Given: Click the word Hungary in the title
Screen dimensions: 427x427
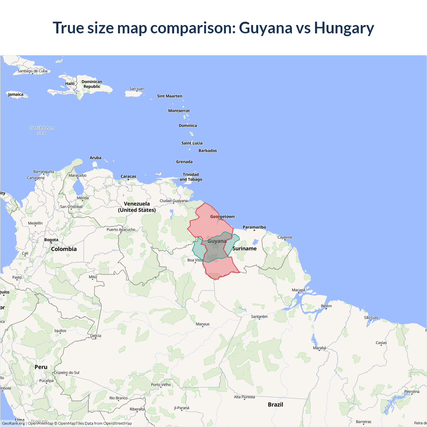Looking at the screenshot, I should [x=344, y=28].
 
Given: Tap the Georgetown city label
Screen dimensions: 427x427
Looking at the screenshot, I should [x=222, y=217].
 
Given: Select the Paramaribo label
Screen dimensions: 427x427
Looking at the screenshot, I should [x=254, y=227].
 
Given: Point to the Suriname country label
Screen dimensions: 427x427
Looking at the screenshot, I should [x=245, y=249].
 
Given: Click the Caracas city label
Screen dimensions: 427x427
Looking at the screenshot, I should [x=128, y=176].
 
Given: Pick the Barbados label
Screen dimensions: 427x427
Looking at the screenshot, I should [x=207, y=151].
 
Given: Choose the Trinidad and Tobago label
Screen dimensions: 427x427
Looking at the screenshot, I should [x=191, y=177].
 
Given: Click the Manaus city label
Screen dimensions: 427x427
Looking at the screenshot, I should [x=203, y=324].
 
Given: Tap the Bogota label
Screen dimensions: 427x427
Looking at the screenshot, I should [x=51, y=240].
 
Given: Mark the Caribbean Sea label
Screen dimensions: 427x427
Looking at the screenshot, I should [x=42, y=130].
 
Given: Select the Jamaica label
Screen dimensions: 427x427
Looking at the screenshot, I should [x=16, y=94].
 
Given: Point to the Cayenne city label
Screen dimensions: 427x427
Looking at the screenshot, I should [x=285, y=238].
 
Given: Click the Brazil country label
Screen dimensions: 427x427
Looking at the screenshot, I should [x=276, y=404].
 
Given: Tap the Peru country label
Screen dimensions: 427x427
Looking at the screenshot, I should [x=41, y=367].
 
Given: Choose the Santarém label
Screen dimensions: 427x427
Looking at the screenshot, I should [x=259, y=317].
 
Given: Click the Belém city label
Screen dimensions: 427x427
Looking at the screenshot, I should [x=326, y=306].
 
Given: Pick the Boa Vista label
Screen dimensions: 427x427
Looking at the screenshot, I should [x=195, y=260].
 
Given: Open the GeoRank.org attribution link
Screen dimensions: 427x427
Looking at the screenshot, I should [x=13, y=423].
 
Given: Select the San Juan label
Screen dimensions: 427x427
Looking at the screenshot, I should [x=137, y=89].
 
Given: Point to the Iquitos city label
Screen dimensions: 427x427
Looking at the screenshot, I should [x=60, y=331].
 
